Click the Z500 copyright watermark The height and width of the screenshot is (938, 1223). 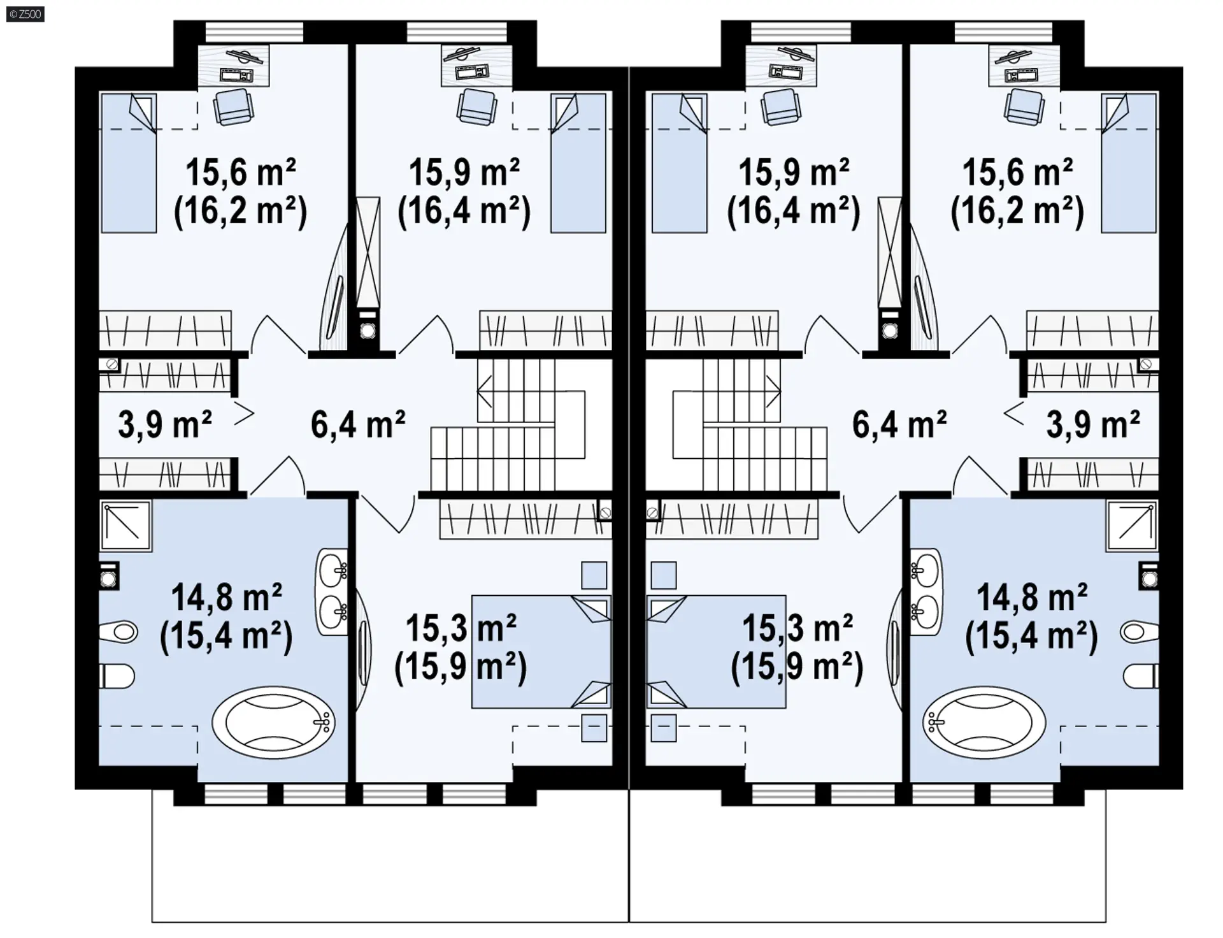(x=25, y=13)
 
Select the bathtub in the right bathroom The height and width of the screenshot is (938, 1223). (x=984, y=722)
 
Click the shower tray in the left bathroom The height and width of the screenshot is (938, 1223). (x=125, y=526)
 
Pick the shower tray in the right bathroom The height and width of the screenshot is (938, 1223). (x=1132, y=526)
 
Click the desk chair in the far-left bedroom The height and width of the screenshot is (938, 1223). (x=232, y=106)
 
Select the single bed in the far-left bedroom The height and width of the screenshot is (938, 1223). (x=128, y=163)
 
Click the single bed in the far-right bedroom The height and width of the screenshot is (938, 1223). (x=1129, y=163)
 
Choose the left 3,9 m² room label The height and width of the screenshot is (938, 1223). (x=165, y=424)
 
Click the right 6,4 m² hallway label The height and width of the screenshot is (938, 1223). (x=899, y=424)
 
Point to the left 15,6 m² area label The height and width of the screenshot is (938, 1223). (x=241, y=172)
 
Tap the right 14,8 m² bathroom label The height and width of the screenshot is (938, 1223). (x=1032, y=598)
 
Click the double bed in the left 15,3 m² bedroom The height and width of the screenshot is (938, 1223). (x=541, y=651)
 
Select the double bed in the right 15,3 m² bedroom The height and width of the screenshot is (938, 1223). (x=716, y=651)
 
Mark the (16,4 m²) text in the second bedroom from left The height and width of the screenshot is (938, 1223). (x=464, y=210)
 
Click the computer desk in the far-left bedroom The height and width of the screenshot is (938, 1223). (x=234, y=65)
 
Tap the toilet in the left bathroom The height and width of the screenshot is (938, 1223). (x=117, y=676)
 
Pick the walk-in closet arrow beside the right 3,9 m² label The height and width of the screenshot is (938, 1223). (x=1015, y=414)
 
